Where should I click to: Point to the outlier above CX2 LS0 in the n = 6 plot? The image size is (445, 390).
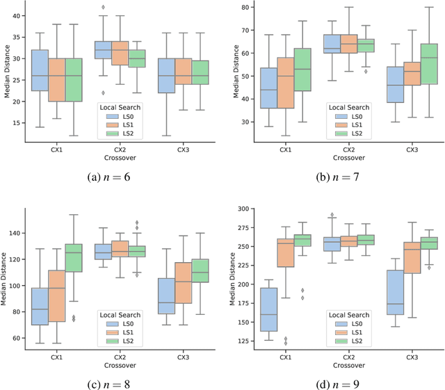click(103, 7)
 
